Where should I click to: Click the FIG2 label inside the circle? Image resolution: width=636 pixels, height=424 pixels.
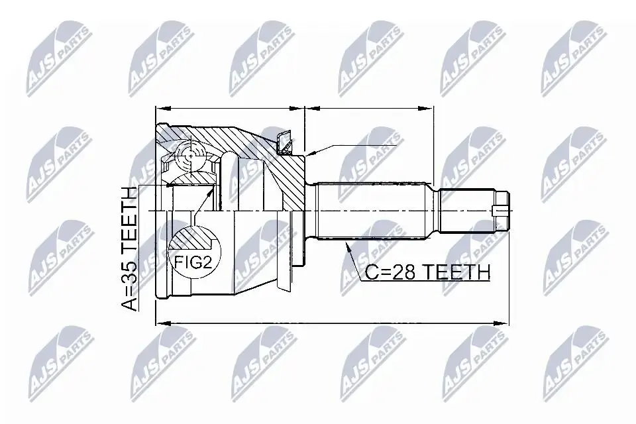(193, 264)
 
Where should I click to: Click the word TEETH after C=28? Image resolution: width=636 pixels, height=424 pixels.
(456, 272)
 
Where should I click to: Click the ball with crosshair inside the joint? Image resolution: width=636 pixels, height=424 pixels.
(190, 154)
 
